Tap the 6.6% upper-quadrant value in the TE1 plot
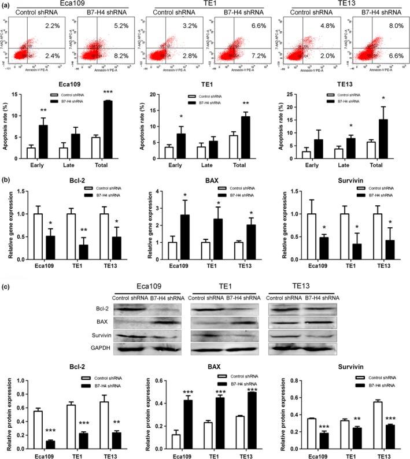(249, 25)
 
